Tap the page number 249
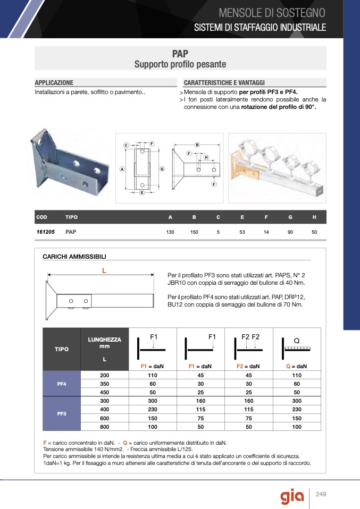pos(321,495)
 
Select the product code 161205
pos(46,232)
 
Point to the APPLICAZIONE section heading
pos(54,83)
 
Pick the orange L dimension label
pos(104,270)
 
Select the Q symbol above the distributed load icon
pos(297,340)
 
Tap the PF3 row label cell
pos(61,412)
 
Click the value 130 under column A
pos(170,233)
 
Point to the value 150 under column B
pos(194,233)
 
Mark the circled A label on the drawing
pos(122,169)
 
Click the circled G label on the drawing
pos(162,168)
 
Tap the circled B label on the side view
pos(197,145)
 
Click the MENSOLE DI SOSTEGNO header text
pos(272,12)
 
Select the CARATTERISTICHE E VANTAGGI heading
pos(224,83)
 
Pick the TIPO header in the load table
pos(61,349)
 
